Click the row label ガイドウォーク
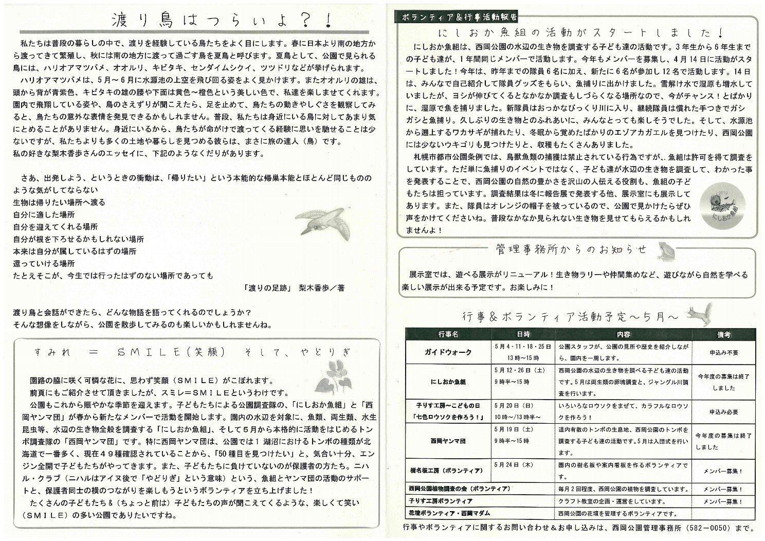448,353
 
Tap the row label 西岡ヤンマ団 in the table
448,441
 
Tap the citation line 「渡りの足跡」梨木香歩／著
295,288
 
